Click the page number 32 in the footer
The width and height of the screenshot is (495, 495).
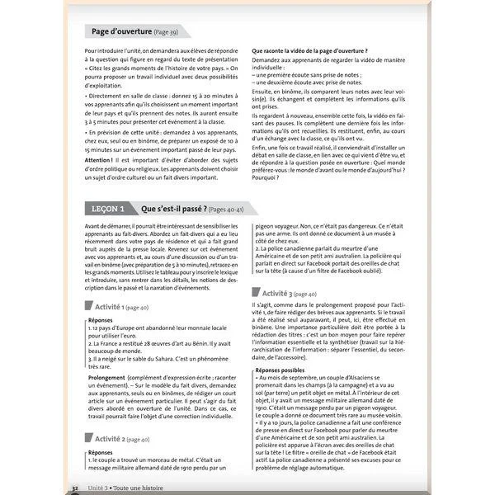tap(75, 489)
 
